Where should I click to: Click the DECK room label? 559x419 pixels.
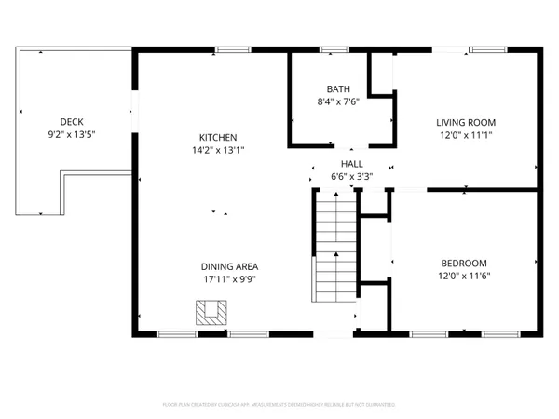[x=72, y=121]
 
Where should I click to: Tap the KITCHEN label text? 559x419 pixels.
[x=218, y=136]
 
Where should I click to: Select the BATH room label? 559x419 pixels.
[x=338, y=89]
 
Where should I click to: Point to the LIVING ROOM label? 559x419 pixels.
[x=466, y=122]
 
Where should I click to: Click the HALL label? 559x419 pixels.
[x=351, y=163]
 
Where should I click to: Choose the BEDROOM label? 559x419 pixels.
[x=463, y=264]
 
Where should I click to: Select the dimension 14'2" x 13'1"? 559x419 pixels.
[x=218, y=149]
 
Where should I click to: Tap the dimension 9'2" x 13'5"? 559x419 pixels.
[x=72, y=134]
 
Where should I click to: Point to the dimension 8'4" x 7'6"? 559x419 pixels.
[x=338, y=101]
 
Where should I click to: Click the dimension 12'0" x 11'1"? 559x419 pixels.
[x=466, y=135]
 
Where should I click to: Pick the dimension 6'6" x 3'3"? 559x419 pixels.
[x=351, y=175]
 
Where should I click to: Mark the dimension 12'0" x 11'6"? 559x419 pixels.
[x=463, y=276]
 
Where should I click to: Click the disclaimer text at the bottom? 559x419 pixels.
[x=279, y=405]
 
